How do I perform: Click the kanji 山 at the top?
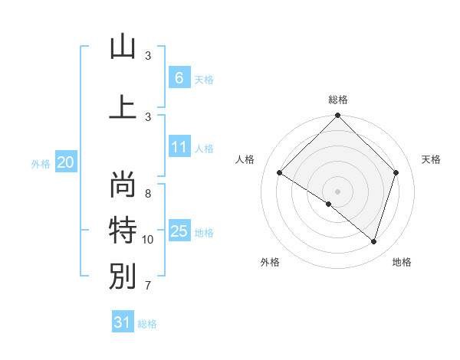[122, 47]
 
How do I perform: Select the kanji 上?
[122, 107]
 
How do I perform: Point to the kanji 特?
[122, 230]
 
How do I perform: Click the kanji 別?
[122, 277]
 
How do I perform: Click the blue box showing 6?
[179, 77]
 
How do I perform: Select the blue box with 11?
[179, 147]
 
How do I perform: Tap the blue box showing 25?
[179, 231]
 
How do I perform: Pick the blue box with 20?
[66, 162]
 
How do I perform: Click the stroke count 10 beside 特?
[148, 240]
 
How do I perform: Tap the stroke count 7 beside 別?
[148, 286]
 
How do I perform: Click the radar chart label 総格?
[338, 100]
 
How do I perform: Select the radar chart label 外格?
[270, 262]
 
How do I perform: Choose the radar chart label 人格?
[245, 159]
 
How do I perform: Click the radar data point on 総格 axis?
[337, 116]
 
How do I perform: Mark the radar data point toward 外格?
[329, 204]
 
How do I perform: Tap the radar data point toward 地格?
[373, 241]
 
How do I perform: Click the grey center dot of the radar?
[337, 191]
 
